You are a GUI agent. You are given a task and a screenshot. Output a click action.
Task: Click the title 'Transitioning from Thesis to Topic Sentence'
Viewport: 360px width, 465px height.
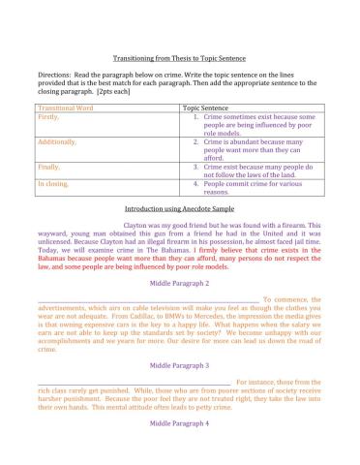(x=180, y=59)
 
